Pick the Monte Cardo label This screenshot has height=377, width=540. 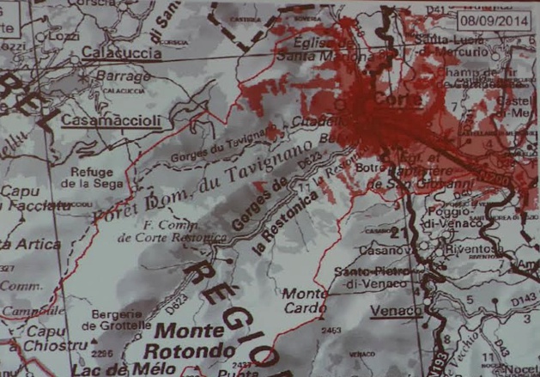pyautogui.click(x=304, y=301)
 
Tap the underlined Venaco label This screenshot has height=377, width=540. pyautogui.click(x=396, y=310)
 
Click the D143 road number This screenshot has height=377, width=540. pyautogui.click(x=521, y=301)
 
